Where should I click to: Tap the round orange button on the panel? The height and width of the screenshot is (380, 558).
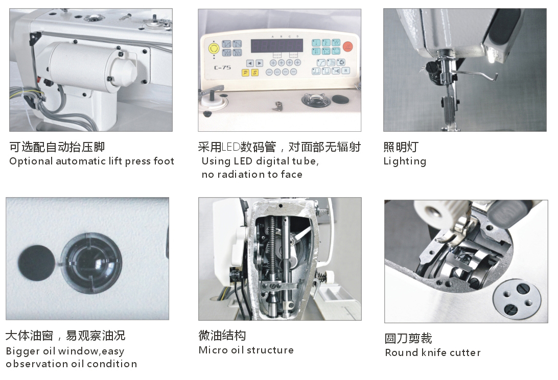click(347, 46)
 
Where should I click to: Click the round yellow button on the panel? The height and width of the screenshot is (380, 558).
click(214, 49)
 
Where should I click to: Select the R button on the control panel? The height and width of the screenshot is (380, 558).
click(345, 71)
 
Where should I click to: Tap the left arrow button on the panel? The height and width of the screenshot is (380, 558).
click(250, 63)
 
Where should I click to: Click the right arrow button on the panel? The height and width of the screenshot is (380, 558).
click(260, 63)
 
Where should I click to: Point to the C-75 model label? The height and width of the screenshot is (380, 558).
click(222, 67)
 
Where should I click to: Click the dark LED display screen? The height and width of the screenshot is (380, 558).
click(277, 45)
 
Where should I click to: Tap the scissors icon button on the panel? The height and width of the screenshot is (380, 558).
click(336, 71)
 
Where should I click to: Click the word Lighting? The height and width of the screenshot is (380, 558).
click(405, 161)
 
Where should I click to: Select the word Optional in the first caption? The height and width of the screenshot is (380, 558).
click(31, 161)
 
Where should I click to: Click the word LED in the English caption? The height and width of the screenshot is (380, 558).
click(243, 161)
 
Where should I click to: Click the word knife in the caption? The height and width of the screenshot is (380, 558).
click(433, 352)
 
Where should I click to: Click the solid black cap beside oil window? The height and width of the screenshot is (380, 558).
click(37, 264)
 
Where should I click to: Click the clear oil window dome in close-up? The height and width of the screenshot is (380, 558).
click(91, 264)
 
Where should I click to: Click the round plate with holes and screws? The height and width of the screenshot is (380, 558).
click(517, 297)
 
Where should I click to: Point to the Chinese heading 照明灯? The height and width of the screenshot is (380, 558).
click(401, 147)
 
